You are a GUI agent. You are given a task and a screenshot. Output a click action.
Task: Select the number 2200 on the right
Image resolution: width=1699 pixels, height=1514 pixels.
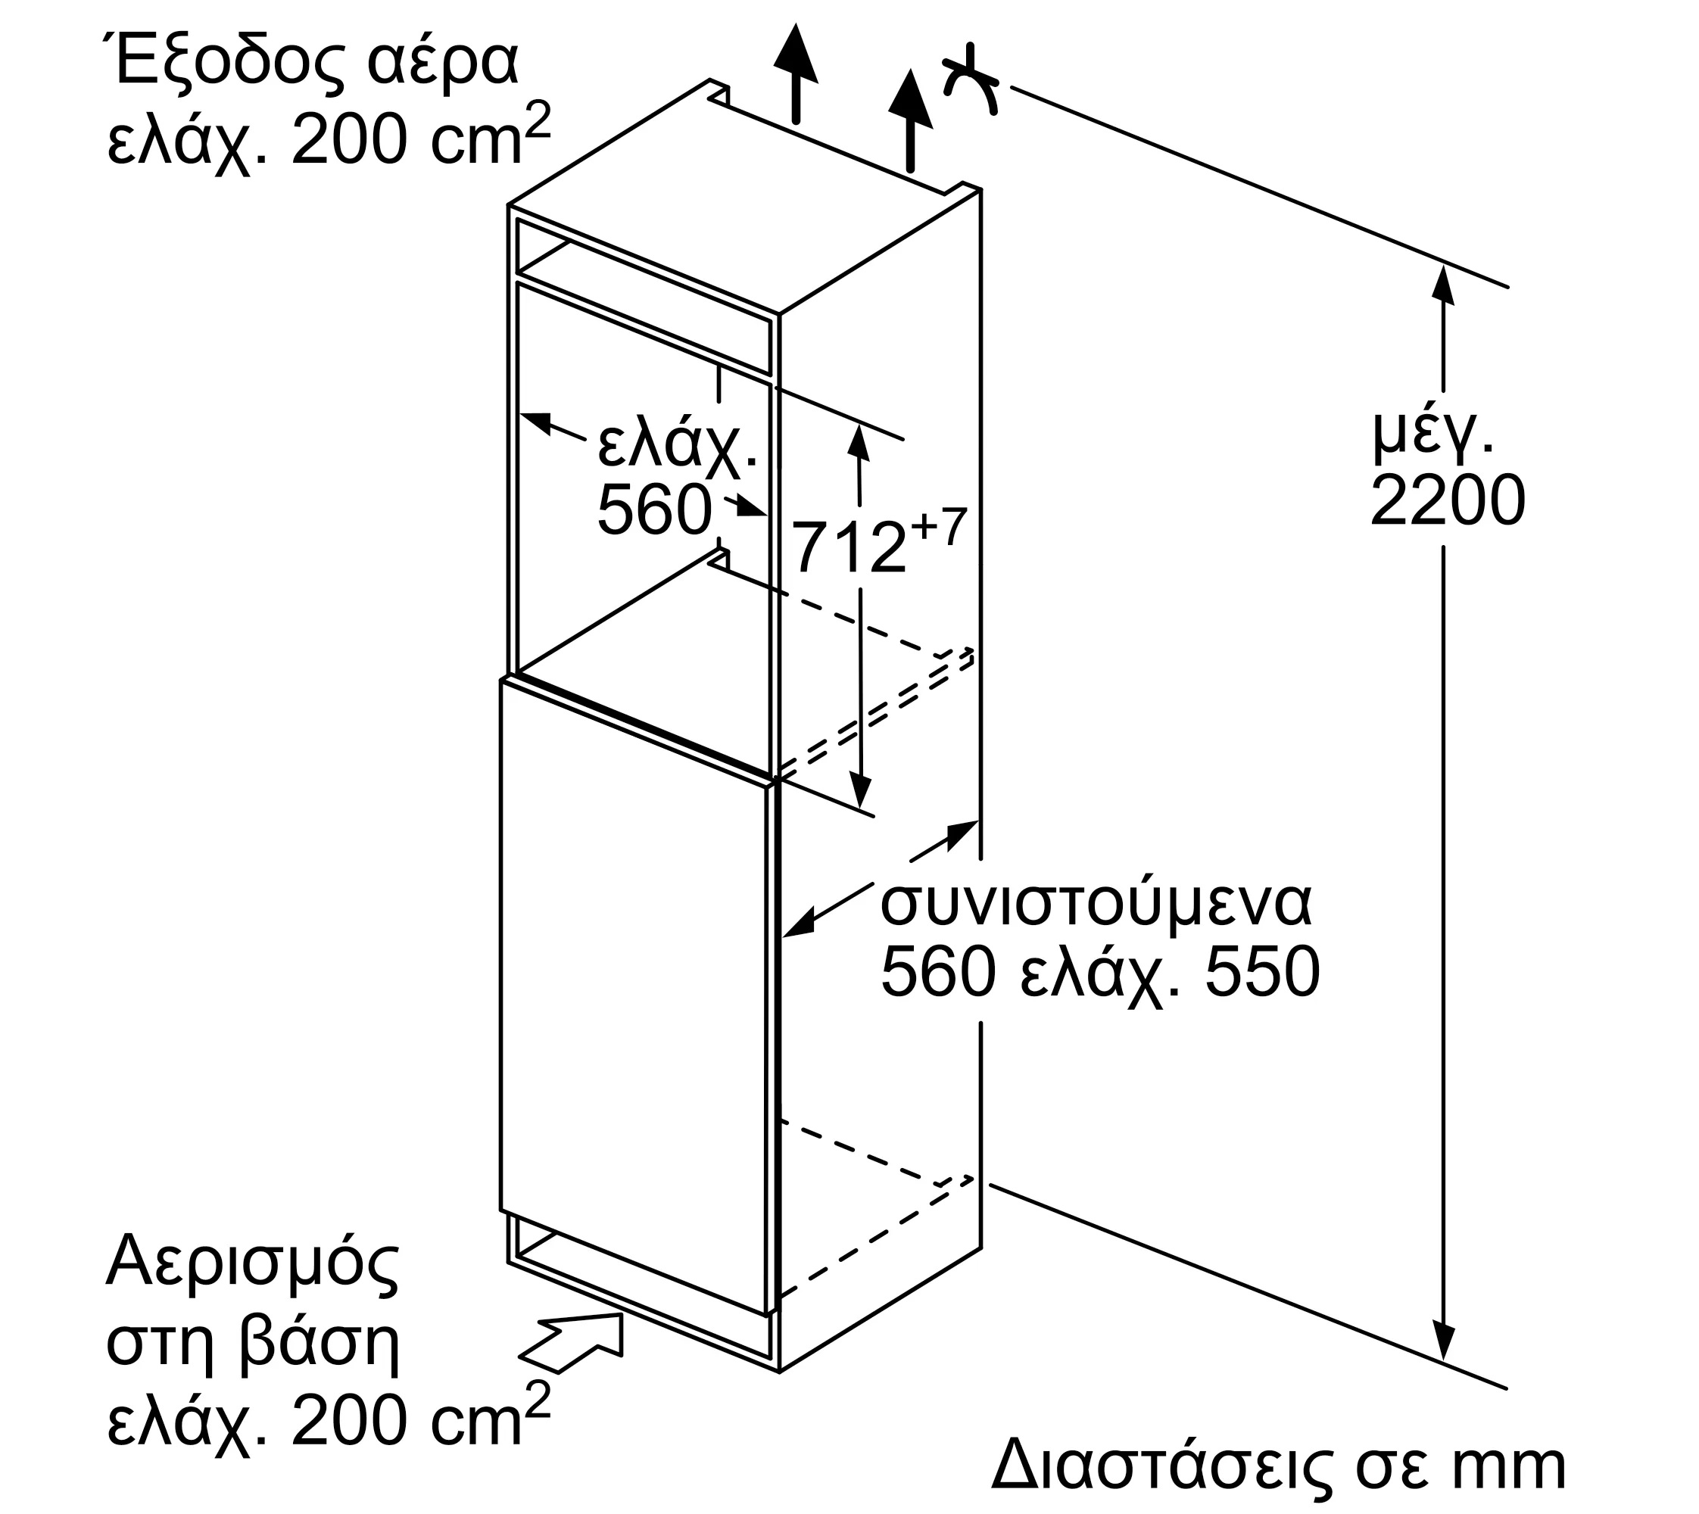pyautogui.click(x=1447, y=500)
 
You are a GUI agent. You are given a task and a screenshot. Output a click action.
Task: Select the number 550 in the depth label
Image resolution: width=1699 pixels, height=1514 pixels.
pyautogui.click(x=1261, y=970)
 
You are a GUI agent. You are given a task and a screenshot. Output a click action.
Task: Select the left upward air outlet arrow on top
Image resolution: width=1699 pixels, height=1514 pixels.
pyautogui.click(x=796, y=73)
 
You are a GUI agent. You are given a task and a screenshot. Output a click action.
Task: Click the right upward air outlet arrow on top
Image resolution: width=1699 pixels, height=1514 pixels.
pyautogui.click(x=910, y=120)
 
